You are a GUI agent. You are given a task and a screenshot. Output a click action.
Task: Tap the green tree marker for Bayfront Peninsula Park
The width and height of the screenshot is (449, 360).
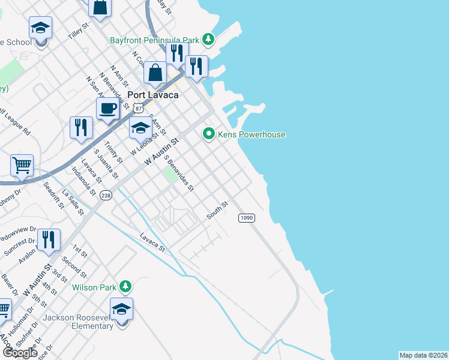pyautogui.click(x=208, y=40)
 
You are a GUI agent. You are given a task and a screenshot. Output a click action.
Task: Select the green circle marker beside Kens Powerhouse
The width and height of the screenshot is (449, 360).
pyautogui.click(x=209, y=134)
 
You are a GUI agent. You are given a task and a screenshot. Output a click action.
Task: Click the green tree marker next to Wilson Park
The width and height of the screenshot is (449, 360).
pyautogui.click(x=125, y=287)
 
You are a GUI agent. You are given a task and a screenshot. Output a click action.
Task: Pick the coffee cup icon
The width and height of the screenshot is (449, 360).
pyautogui.click(x=107, y=109)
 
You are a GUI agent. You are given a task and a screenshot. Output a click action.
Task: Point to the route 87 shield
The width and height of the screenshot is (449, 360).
pyautogui.click(x=139, y=108)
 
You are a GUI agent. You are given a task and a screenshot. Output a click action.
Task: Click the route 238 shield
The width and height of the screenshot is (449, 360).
pyautogui.click(x=106, y=196)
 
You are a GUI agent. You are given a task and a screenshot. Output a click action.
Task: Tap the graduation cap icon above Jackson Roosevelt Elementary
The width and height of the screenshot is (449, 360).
pyautogui.click(x=122, y=309)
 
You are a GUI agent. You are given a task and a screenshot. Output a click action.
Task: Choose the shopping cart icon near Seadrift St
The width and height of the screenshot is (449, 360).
pyautogui.click(x=22, y=164)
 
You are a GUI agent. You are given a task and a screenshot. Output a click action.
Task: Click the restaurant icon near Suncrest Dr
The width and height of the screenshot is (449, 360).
pyautogui.click(x=49, y=239)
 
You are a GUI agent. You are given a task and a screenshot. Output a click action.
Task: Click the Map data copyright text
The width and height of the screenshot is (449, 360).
pyautogui.click(x=423, y=355)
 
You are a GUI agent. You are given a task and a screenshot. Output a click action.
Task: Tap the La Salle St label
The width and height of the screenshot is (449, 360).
pyautogui.click(x=71, y=202)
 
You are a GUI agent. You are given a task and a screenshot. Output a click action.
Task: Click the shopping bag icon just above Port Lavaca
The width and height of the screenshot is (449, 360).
pyautogui.click(x=155, y=73)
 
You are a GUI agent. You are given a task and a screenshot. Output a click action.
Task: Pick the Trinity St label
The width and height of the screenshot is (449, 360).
pyautogui.click(x=113, y=153)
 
